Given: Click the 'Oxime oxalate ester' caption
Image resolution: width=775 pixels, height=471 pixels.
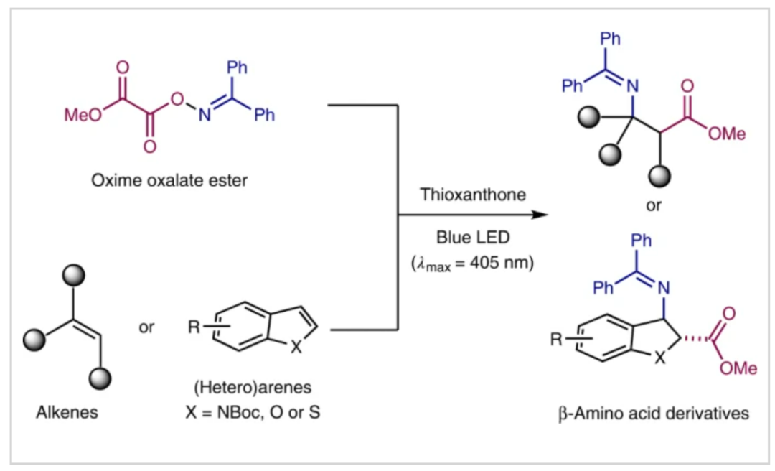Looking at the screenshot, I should [x=169, y=180].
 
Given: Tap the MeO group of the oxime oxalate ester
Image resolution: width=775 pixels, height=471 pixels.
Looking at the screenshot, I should [x=79, y=116].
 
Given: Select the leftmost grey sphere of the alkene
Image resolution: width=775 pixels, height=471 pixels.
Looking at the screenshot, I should [x=34, y=337].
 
